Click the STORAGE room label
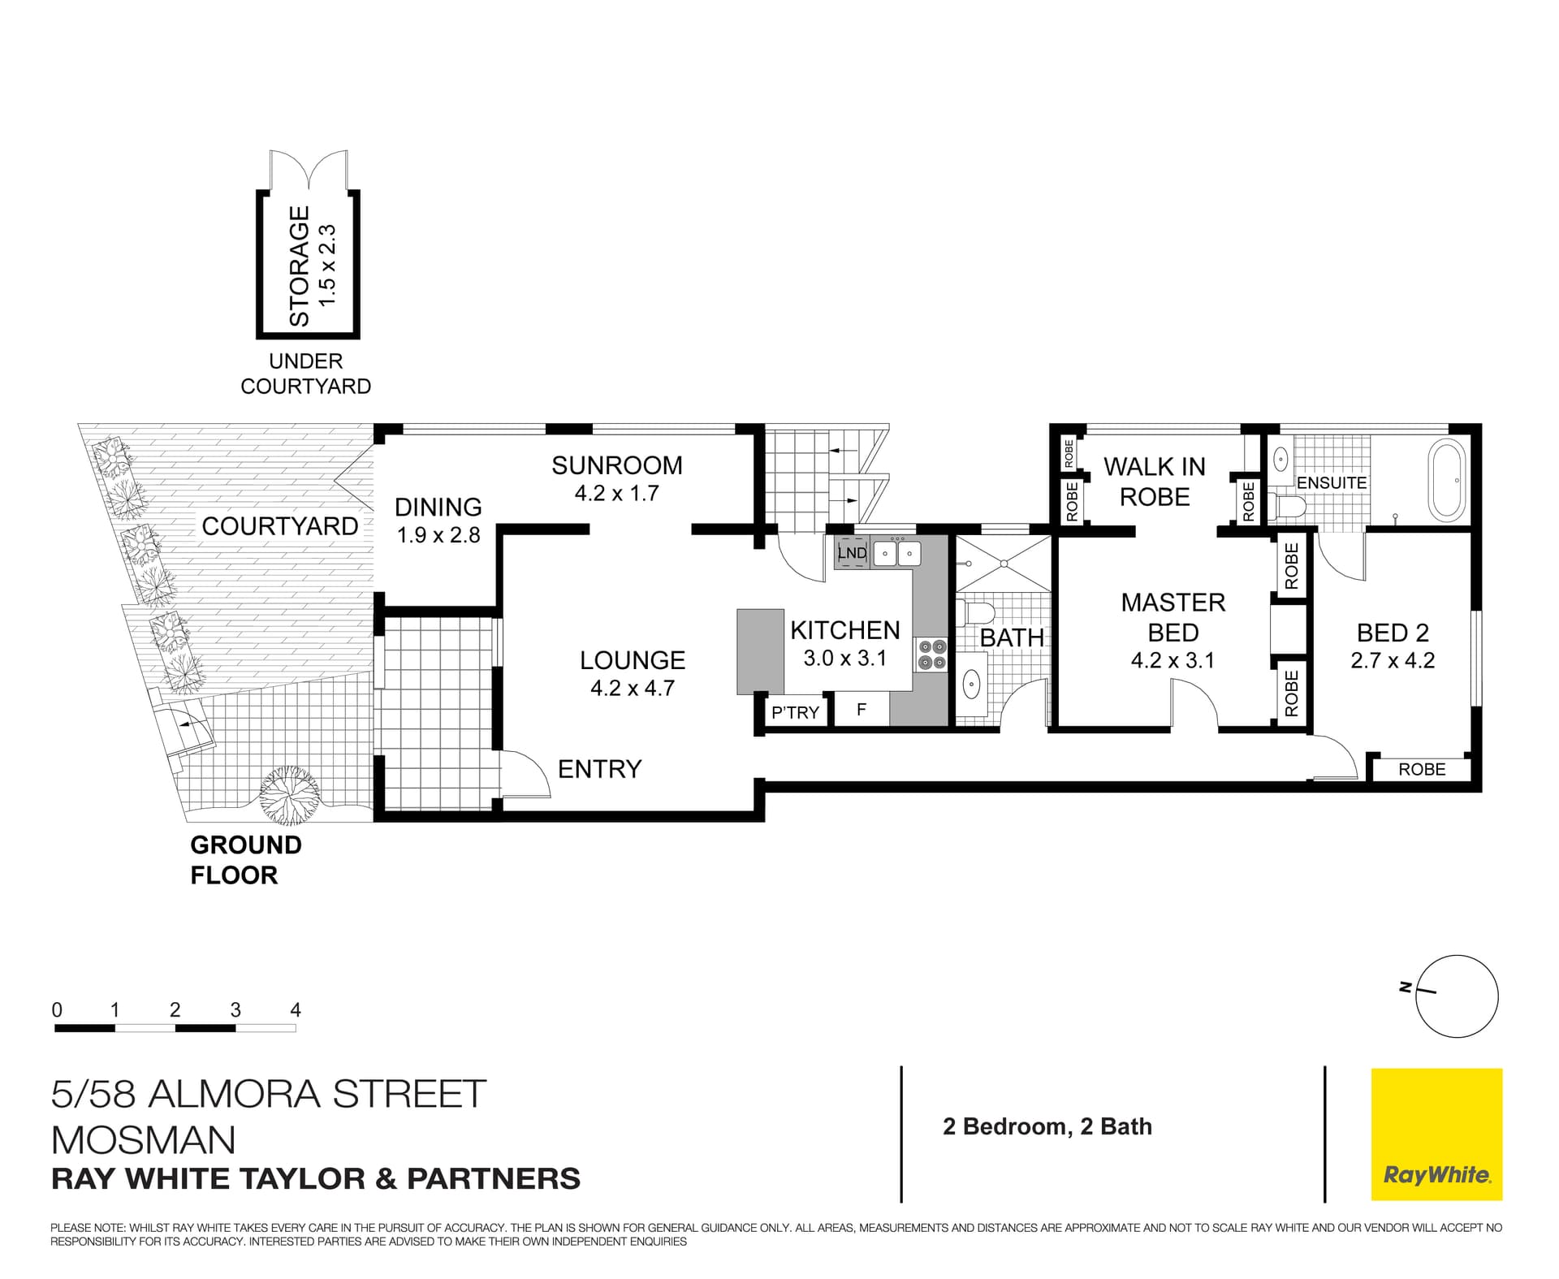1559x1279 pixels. (x=300, y=266)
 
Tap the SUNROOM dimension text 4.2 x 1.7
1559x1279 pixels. (x=616, y=493)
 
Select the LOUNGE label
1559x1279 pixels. (x=633, y=660)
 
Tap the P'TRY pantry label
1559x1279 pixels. (x=795, y=712)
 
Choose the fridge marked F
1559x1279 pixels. (x=861, y=710)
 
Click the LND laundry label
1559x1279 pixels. (x=852, y=553)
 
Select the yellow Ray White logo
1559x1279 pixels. (x=1436, y=1134)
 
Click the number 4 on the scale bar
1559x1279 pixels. (x=296, y=1009)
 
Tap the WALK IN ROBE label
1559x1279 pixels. (x=1155, y=482)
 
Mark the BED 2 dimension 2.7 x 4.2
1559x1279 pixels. (x=1393, y=660)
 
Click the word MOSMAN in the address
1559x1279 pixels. (x=144, y=1140)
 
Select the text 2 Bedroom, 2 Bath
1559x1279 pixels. (x=1047, y=1126)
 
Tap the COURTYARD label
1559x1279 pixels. (x=280, y=526)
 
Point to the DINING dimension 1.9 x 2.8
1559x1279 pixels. (x=438, y=535)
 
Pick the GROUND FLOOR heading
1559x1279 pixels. (x=245, y=860)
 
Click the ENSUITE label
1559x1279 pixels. (x=1332, y=482)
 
